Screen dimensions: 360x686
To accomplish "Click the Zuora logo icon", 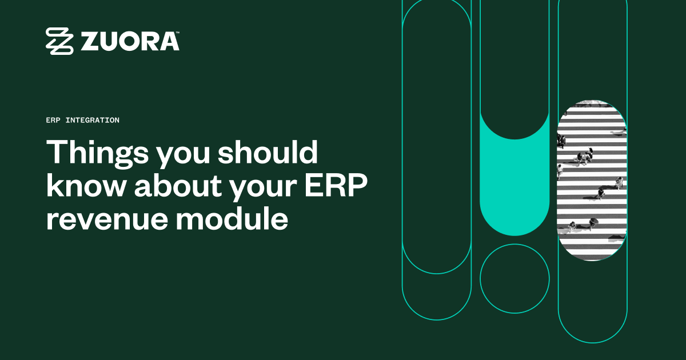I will click(x=60, y=41).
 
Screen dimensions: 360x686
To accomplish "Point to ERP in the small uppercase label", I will click(x=53, y=121).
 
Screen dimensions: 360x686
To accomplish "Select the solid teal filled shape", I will click(x=514, y=189).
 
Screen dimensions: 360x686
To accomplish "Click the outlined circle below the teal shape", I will click(x=514, y=278).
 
